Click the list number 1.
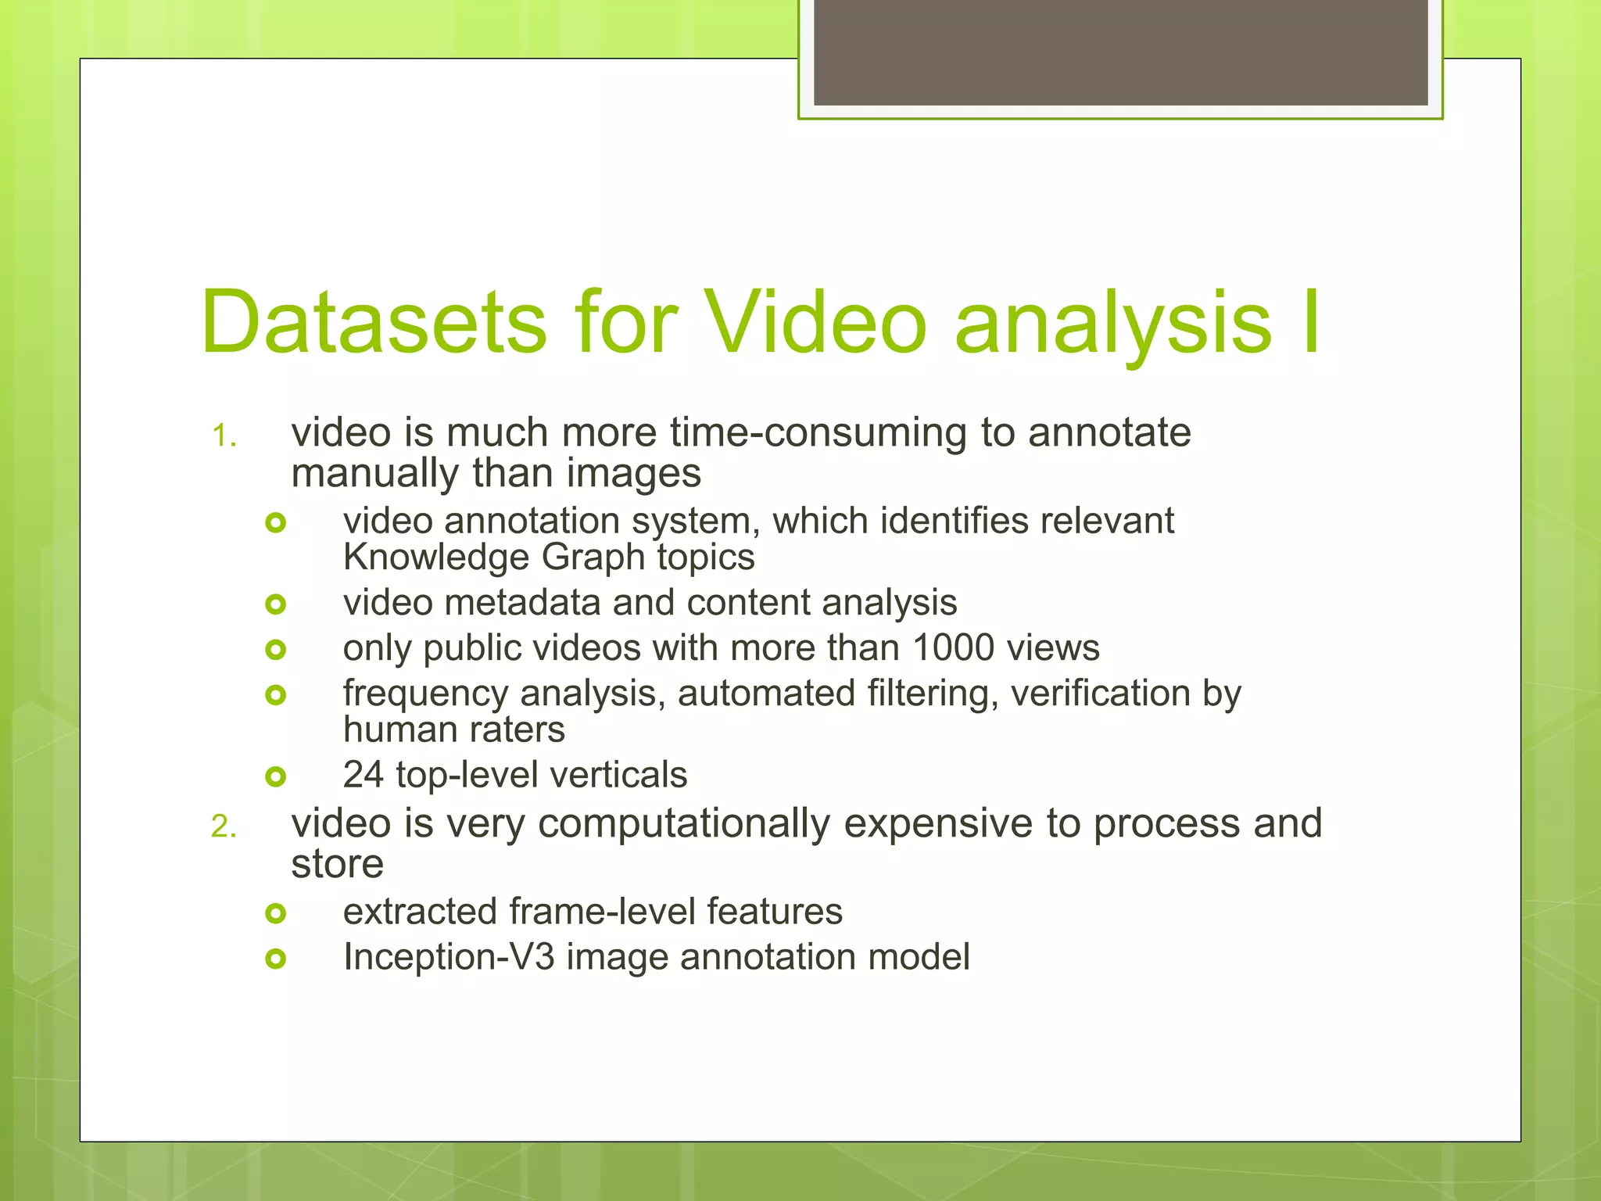click(x=224, y=436)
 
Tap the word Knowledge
click(x=436, y=557)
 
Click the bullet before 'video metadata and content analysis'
click(x=276, y=604)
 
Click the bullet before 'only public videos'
click(x=276, y=649)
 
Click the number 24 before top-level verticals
click(x=364, y=775)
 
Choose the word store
click(x=338, y=864)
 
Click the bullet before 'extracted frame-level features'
click(x=276, y=912)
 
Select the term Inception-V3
click(x=449, y=957)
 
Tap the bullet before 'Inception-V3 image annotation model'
click(x=276, y=958)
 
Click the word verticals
click(x=618, y=775)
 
